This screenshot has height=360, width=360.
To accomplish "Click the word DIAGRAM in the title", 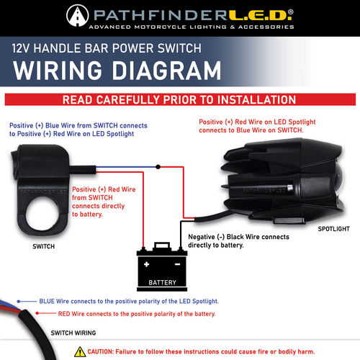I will pyautogui.click(x=160, y=70).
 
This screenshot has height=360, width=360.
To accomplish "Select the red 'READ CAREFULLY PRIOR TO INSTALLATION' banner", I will pyautogui.click(x=179, y=99).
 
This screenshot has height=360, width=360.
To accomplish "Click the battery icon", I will pyautogui.click(x=162, y=266).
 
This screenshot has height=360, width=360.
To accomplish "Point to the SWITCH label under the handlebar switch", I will pyautogui.click(x=42, y=246).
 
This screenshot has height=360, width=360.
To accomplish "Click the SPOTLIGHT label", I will pyautogui.click(x=333, y=230).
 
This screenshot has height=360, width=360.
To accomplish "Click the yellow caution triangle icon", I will pyautogui.click(x=80, y=351).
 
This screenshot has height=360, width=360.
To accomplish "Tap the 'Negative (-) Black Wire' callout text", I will pyautogui.click(x=238, y=240).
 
